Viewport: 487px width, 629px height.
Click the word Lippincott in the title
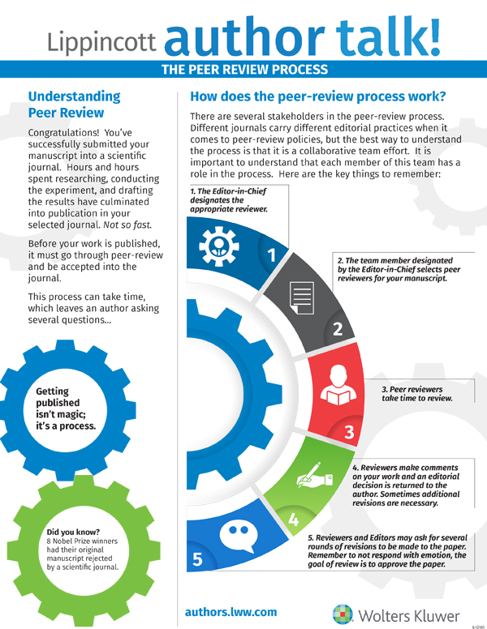(104, 41)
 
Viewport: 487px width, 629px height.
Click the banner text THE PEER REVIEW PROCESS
(243, 70)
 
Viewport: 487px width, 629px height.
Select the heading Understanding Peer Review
(74, 105)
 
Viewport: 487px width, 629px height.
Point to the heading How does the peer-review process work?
(317, 96)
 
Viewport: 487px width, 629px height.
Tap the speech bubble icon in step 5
(235, 531)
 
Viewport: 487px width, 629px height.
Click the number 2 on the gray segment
(338, 329)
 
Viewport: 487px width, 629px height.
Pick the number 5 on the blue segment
(197, 559)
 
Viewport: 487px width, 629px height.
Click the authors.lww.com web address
(231, 612)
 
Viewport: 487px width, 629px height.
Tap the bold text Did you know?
(72, 532)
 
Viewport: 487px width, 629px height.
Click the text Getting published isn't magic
(66, 409)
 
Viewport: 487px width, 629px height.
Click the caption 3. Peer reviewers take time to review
(416, 394)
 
